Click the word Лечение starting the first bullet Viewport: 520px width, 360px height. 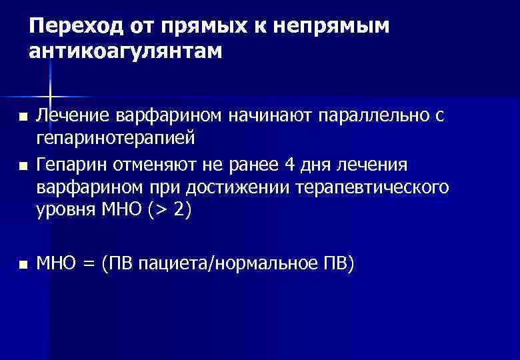point(73,117)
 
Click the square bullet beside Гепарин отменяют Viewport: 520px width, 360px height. point(24,165)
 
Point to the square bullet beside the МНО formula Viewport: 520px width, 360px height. point(24,265)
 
